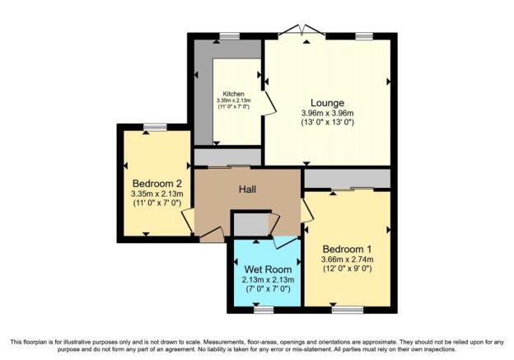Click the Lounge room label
(x=327, y=103)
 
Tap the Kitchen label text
(x=234, y=94)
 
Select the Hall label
(x=247, y=189)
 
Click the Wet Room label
(x=268, y=269)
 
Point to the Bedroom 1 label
(x=347, y=249)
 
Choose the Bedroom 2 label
(x=157, y=183)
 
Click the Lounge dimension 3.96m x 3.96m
(x=327, y=114)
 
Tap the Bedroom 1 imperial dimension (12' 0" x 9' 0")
(x=347, y=269)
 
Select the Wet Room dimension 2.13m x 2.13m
(x=268, y=280)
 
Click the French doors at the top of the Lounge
(x=301, y=30)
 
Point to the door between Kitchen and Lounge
(x=269, y=103)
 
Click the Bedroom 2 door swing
(x=188, y=222)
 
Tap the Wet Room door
(x=286, y=242)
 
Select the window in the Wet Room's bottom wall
(x=264, y=310)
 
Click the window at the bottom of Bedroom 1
(x=348, y=310)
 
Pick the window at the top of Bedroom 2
(x=155, y=127)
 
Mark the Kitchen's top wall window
(x=229, y=36)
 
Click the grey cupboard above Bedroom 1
(x=348, y=179)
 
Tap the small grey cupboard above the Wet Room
(x=251, y=224)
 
